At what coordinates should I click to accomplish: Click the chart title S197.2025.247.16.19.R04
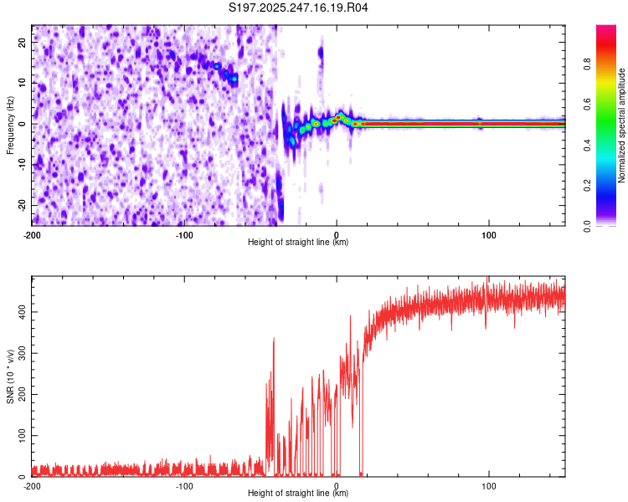pos(299,8)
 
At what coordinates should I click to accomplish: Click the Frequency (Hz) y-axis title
pos(10,124)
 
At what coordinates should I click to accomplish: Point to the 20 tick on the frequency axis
pos(23,41)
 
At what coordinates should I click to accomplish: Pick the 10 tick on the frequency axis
pos(23,82)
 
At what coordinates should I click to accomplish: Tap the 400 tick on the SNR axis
pos(19,312)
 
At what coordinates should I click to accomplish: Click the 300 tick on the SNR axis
pos(19,353)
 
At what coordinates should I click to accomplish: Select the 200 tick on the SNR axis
pos(19,395)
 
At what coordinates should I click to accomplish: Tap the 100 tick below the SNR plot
pos(489,485)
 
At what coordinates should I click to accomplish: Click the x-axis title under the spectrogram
pos(298,243)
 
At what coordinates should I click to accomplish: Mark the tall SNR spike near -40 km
pos(274,339)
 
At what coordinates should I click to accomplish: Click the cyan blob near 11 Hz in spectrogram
pos(234,78)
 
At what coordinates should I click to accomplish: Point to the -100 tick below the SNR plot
pos(184,485)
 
